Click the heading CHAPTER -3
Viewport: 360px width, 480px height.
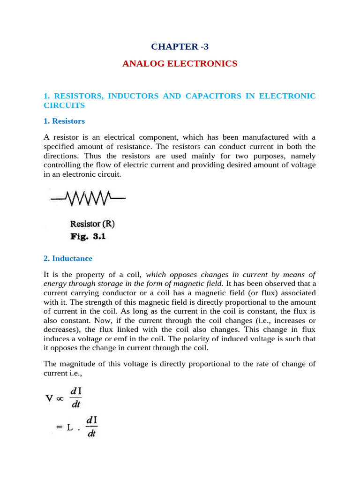[x=180, y=46]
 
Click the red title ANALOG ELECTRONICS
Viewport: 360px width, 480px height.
[x=180, y=63]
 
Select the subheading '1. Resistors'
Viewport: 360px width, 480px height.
[x=64, y=121]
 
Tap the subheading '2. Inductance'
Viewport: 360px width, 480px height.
[x=67, y=258]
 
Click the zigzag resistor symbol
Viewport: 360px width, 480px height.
[x=89, y=198]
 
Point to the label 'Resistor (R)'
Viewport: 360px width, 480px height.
[x=92, y=224]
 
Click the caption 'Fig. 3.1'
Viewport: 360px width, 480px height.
[x=88, y=237]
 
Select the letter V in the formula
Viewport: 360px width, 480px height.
[x=49, y=399]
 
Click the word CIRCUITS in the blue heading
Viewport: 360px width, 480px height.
[x=64, y=105]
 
